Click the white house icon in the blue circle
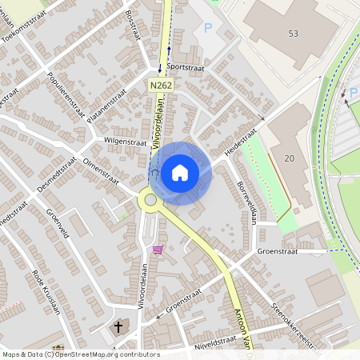click(180, 172)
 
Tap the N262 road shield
click(158, 83)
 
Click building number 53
click(293, 33)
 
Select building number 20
click(289, 158)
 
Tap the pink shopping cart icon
click(158, 250)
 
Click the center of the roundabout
click(150, 199)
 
